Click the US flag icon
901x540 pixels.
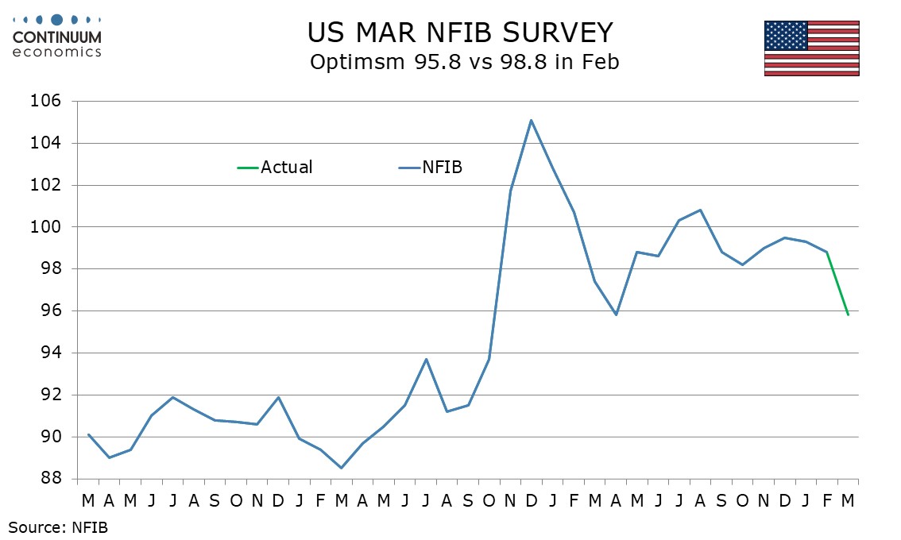(811, 48)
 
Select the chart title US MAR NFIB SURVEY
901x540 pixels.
(460, 33)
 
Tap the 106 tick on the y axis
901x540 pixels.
(48, 102)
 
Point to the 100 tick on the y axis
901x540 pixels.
(48, 227)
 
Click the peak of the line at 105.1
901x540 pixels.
(531, 120)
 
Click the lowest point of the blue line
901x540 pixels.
(342, 468)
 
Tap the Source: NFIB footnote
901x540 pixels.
(58, 526)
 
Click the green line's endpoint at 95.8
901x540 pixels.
(849, 315)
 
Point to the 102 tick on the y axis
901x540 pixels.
(48, 185)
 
